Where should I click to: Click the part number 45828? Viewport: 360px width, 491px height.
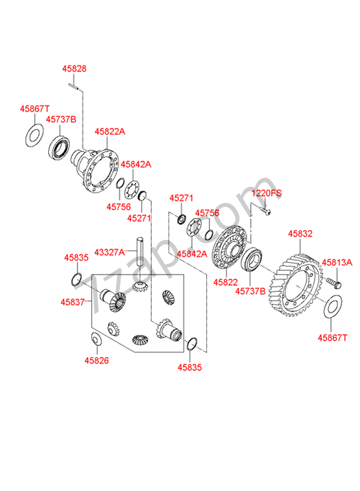pos(74,68)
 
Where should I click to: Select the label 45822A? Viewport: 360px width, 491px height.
pos(110,131)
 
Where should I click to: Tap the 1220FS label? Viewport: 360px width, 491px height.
pos(266,193)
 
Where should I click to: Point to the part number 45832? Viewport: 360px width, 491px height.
pos(300,234)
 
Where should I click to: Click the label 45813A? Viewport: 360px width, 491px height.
pos(337,263)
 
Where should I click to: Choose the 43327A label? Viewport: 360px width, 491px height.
pos(109,252)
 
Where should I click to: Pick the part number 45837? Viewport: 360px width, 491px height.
pos(73,302)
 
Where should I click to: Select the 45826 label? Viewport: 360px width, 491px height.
pos(97,360)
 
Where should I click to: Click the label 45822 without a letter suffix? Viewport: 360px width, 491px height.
pos(226,282)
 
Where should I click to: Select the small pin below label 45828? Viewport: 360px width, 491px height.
pos(73,86)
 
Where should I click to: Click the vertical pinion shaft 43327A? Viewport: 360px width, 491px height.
pos(140,252)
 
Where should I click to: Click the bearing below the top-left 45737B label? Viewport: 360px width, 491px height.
pos(59,148)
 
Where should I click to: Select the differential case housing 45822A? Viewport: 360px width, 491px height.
pos(95,170)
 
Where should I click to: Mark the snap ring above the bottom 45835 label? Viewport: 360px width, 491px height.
pos(192,344)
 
